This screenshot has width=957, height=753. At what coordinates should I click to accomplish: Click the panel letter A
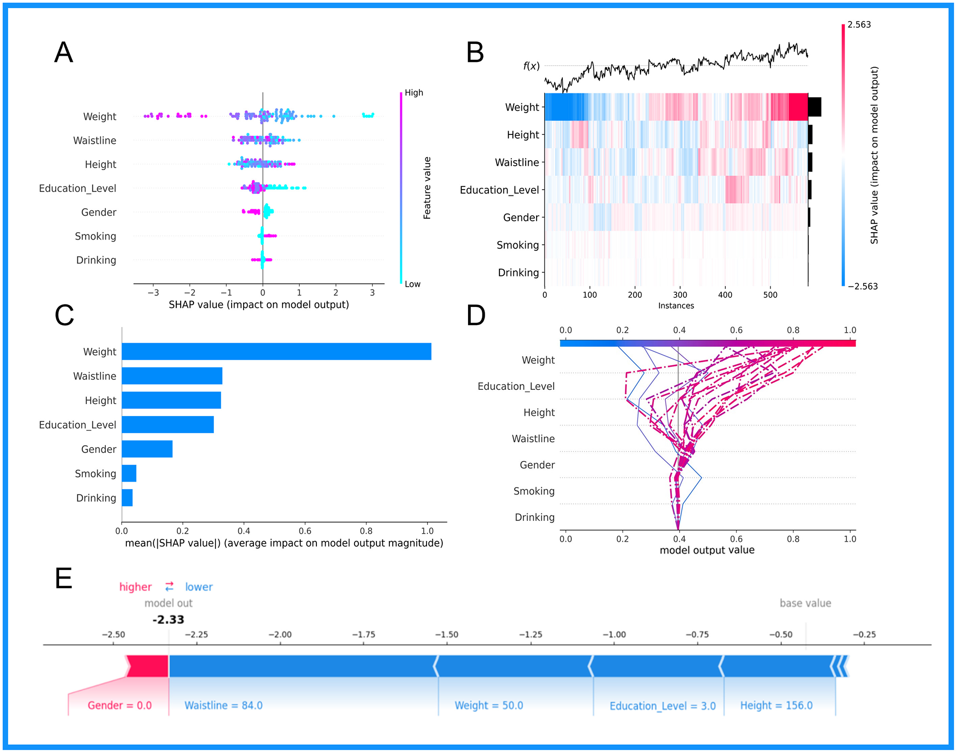(x=63, y=52)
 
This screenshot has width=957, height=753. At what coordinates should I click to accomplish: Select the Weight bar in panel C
(x=276, y=351)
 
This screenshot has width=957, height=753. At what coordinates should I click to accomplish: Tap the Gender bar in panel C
(x=147, y=449)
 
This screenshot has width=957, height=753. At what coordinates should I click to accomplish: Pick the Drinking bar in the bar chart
(x=127, y=498)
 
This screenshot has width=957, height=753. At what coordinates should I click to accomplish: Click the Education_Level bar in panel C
(x=167, y=425)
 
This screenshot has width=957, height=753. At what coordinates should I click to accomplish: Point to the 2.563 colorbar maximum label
(x=859, y=25)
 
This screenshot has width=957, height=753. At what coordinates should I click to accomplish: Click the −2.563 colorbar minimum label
(x=863, y=286)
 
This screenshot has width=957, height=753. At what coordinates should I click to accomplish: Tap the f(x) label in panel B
(x=531, y=66)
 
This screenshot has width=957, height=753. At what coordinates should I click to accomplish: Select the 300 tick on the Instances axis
(x=680, y=295)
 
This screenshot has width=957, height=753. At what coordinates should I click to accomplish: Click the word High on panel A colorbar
(x=414, y=92)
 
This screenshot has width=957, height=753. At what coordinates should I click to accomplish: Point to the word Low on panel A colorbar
(x=412, y=284)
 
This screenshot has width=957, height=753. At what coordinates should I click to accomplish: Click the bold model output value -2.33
(x=168, y=620)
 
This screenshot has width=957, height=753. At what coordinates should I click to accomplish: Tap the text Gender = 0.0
(x=120, y=705)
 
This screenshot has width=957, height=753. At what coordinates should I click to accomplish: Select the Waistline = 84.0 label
(x=224, y=705)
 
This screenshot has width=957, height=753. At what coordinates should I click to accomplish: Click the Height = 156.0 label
(x=776, y=705)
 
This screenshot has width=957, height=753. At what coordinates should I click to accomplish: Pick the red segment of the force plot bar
(x=148, y=666)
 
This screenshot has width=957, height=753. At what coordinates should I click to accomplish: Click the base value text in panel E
(x=805, y=603)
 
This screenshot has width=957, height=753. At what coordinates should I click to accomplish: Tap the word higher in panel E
(x=135, y=587)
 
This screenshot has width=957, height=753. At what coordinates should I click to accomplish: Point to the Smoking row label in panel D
(x=534, y=491)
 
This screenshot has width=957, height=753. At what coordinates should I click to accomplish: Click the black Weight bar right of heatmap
(x=814, y=107)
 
